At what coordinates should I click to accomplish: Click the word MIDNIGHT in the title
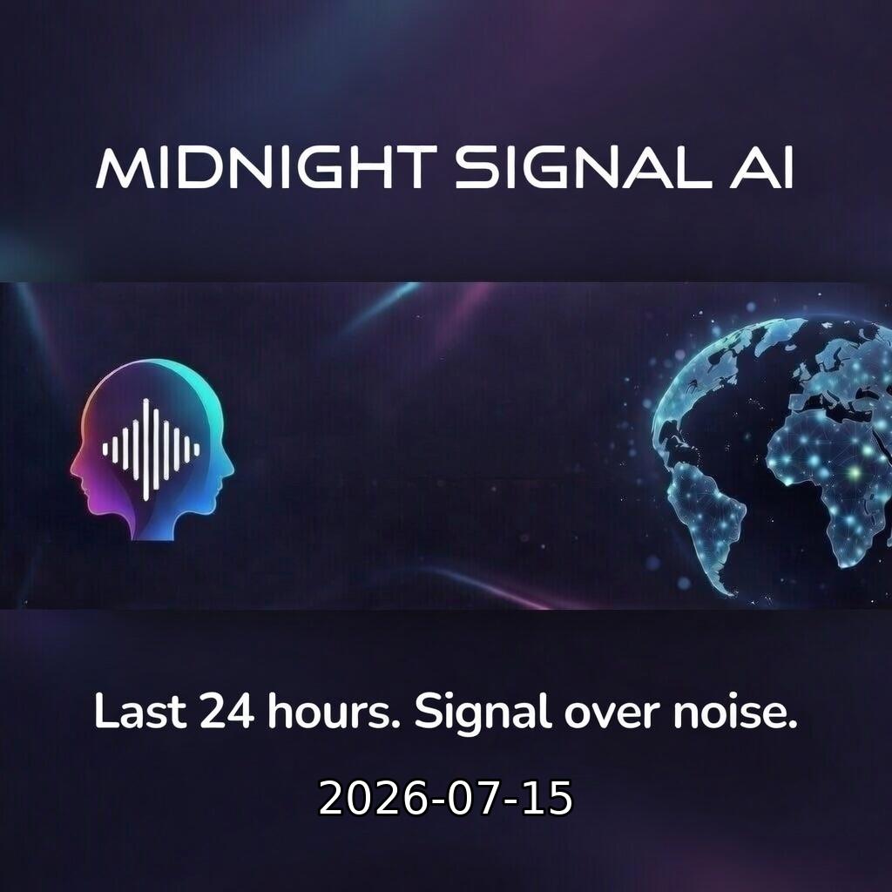point(267,167)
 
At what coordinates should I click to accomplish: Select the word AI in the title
point(762,167)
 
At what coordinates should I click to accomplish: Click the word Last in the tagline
point(140,711)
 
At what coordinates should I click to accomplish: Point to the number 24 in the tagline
point(226,711)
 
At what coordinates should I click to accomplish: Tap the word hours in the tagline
point(334,711)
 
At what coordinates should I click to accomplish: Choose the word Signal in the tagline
point(483,713)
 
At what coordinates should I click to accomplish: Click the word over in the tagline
point(612,714)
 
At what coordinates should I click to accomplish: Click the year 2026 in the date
point(373,798)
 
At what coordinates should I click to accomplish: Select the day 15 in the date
point(547,798)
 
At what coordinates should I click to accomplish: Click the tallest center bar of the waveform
point(146,449)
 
